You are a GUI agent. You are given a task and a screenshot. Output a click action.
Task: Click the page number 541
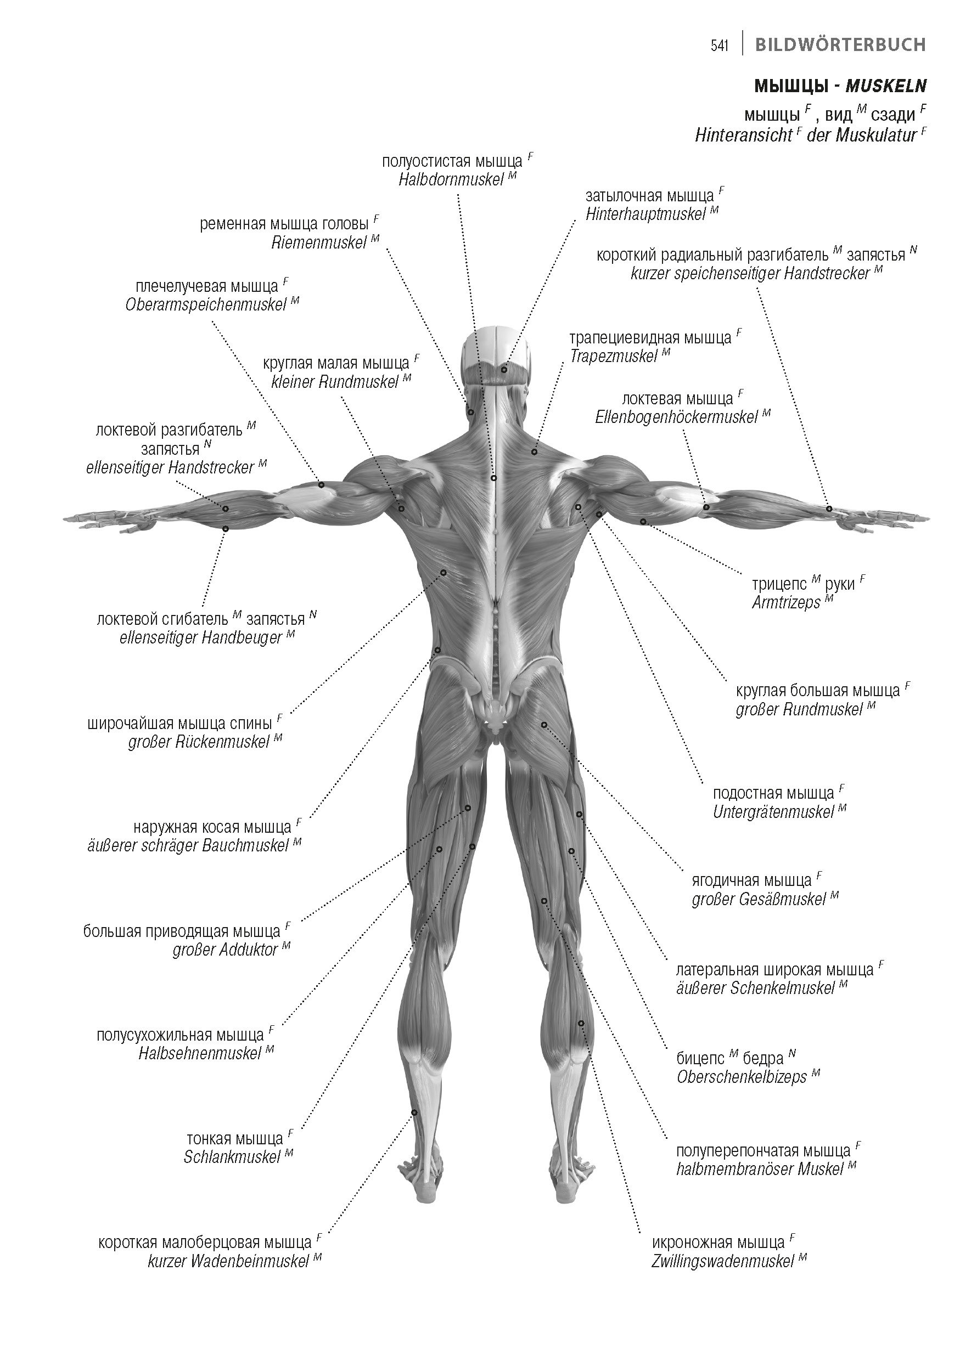(719, 46)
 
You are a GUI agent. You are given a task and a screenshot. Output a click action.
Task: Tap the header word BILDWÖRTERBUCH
(840, 45)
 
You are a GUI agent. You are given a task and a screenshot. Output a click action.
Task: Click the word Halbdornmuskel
(451, 180)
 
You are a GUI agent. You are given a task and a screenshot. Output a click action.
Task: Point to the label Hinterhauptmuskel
(645, 214)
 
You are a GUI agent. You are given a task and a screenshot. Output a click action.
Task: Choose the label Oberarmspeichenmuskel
(206, 305)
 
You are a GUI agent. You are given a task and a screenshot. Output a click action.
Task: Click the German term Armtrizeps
(785, 603)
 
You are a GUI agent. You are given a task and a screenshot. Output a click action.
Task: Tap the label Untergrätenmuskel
(773, 812)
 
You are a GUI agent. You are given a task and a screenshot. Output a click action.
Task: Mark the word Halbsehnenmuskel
(200, 1054)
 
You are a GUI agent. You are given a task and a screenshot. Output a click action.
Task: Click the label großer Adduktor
(226, 950)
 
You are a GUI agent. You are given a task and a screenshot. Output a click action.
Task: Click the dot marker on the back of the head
(504, 370)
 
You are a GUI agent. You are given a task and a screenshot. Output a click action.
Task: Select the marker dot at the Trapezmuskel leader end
(534, 452)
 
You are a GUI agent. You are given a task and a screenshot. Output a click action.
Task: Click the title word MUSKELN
(885, 86)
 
